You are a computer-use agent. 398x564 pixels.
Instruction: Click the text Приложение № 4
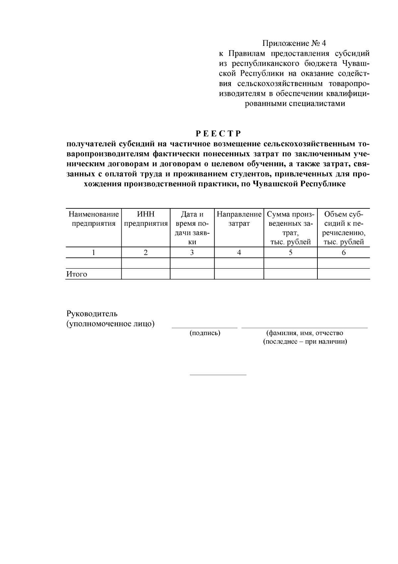coord(294,43)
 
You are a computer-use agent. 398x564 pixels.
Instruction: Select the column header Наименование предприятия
coord(94,219)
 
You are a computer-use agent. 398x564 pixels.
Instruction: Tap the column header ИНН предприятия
coord(146,219)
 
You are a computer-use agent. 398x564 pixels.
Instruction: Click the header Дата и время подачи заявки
coord(192,228)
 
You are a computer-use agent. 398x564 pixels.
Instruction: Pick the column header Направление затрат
coord(239,219)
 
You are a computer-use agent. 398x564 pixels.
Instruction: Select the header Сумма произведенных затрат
coord(290,228)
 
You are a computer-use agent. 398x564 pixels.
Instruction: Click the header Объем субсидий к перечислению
coord(344,228)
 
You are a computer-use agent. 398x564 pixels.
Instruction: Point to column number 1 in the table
coord(94,253)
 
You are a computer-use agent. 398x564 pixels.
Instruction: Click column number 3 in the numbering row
coord(192,253)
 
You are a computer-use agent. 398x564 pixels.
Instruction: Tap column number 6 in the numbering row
coord(344,253)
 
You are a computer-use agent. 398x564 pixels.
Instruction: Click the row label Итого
coord(77,274)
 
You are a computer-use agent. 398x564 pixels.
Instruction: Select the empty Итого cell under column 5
coord(290,274)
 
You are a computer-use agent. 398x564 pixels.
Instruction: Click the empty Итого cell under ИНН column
coord(146,274)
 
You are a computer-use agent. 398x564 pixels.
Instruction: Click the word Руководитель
coord(92,313)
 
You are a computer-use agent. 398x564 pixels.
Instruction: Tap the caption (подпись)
coord(205,333)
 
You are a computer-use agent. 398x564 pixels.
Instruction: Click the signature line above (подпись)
coord(204,328)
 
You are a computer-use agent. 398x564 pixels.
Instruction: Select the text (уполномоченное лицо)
coord(110,324)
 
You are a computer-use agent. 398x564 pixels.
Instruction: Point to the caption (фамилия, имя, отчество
coord(305,333)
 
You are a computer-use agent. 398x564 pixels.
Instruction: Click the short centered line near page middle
coord(218,375)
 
